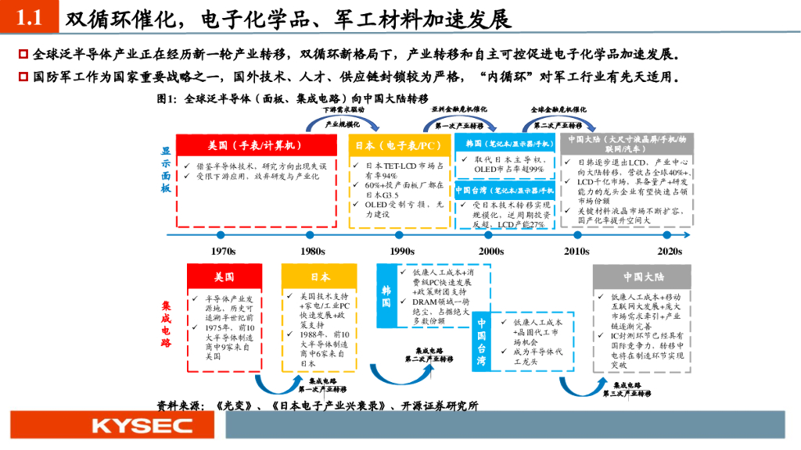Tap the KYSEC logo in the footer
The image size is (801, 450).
pyautogui.click(x=142, y=426)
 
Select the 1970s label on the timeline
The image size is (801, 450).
pyautogui.click(x=224, y=251)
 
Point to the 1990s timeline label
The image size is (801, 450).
pyautogui.click(x=401, y=251)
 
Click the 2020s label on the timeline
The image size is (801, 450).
pyautogui.click(x=670, y=251)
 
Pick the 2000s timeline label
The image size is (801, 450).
pyautogui.click(x=491, y=251)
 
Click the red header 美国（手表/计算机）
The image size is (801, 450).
pyautogui.click(x=254, y=145)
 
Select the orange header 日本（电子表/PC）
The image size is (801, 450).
pyautogui.click(x=398, y=145)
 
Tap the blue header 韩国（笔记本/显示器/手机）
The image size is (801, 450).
pyautogui.click(x=505, y=145)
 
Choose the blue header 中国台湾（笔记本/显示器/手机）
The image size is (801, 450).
pyautogui.click(x=505, y=190)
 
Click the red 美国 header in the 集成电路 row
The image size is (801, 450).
pyautogui.click(x=224, y=277)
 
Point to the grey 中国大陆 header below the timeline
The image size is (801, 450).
pyautogui.click(x=643, y=277)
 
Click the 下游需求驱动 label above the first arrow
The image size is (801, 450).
pyautogui.click(x=344, y=110)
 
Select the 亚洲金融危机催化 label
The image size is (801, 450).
pyautogui.click(x=459, y=110)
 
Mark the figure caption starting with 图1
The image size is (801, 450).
pyautogui.click(x=293, y=99)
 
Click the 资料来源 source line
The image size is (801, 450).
pyautogui.click(x=317, y=405)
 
